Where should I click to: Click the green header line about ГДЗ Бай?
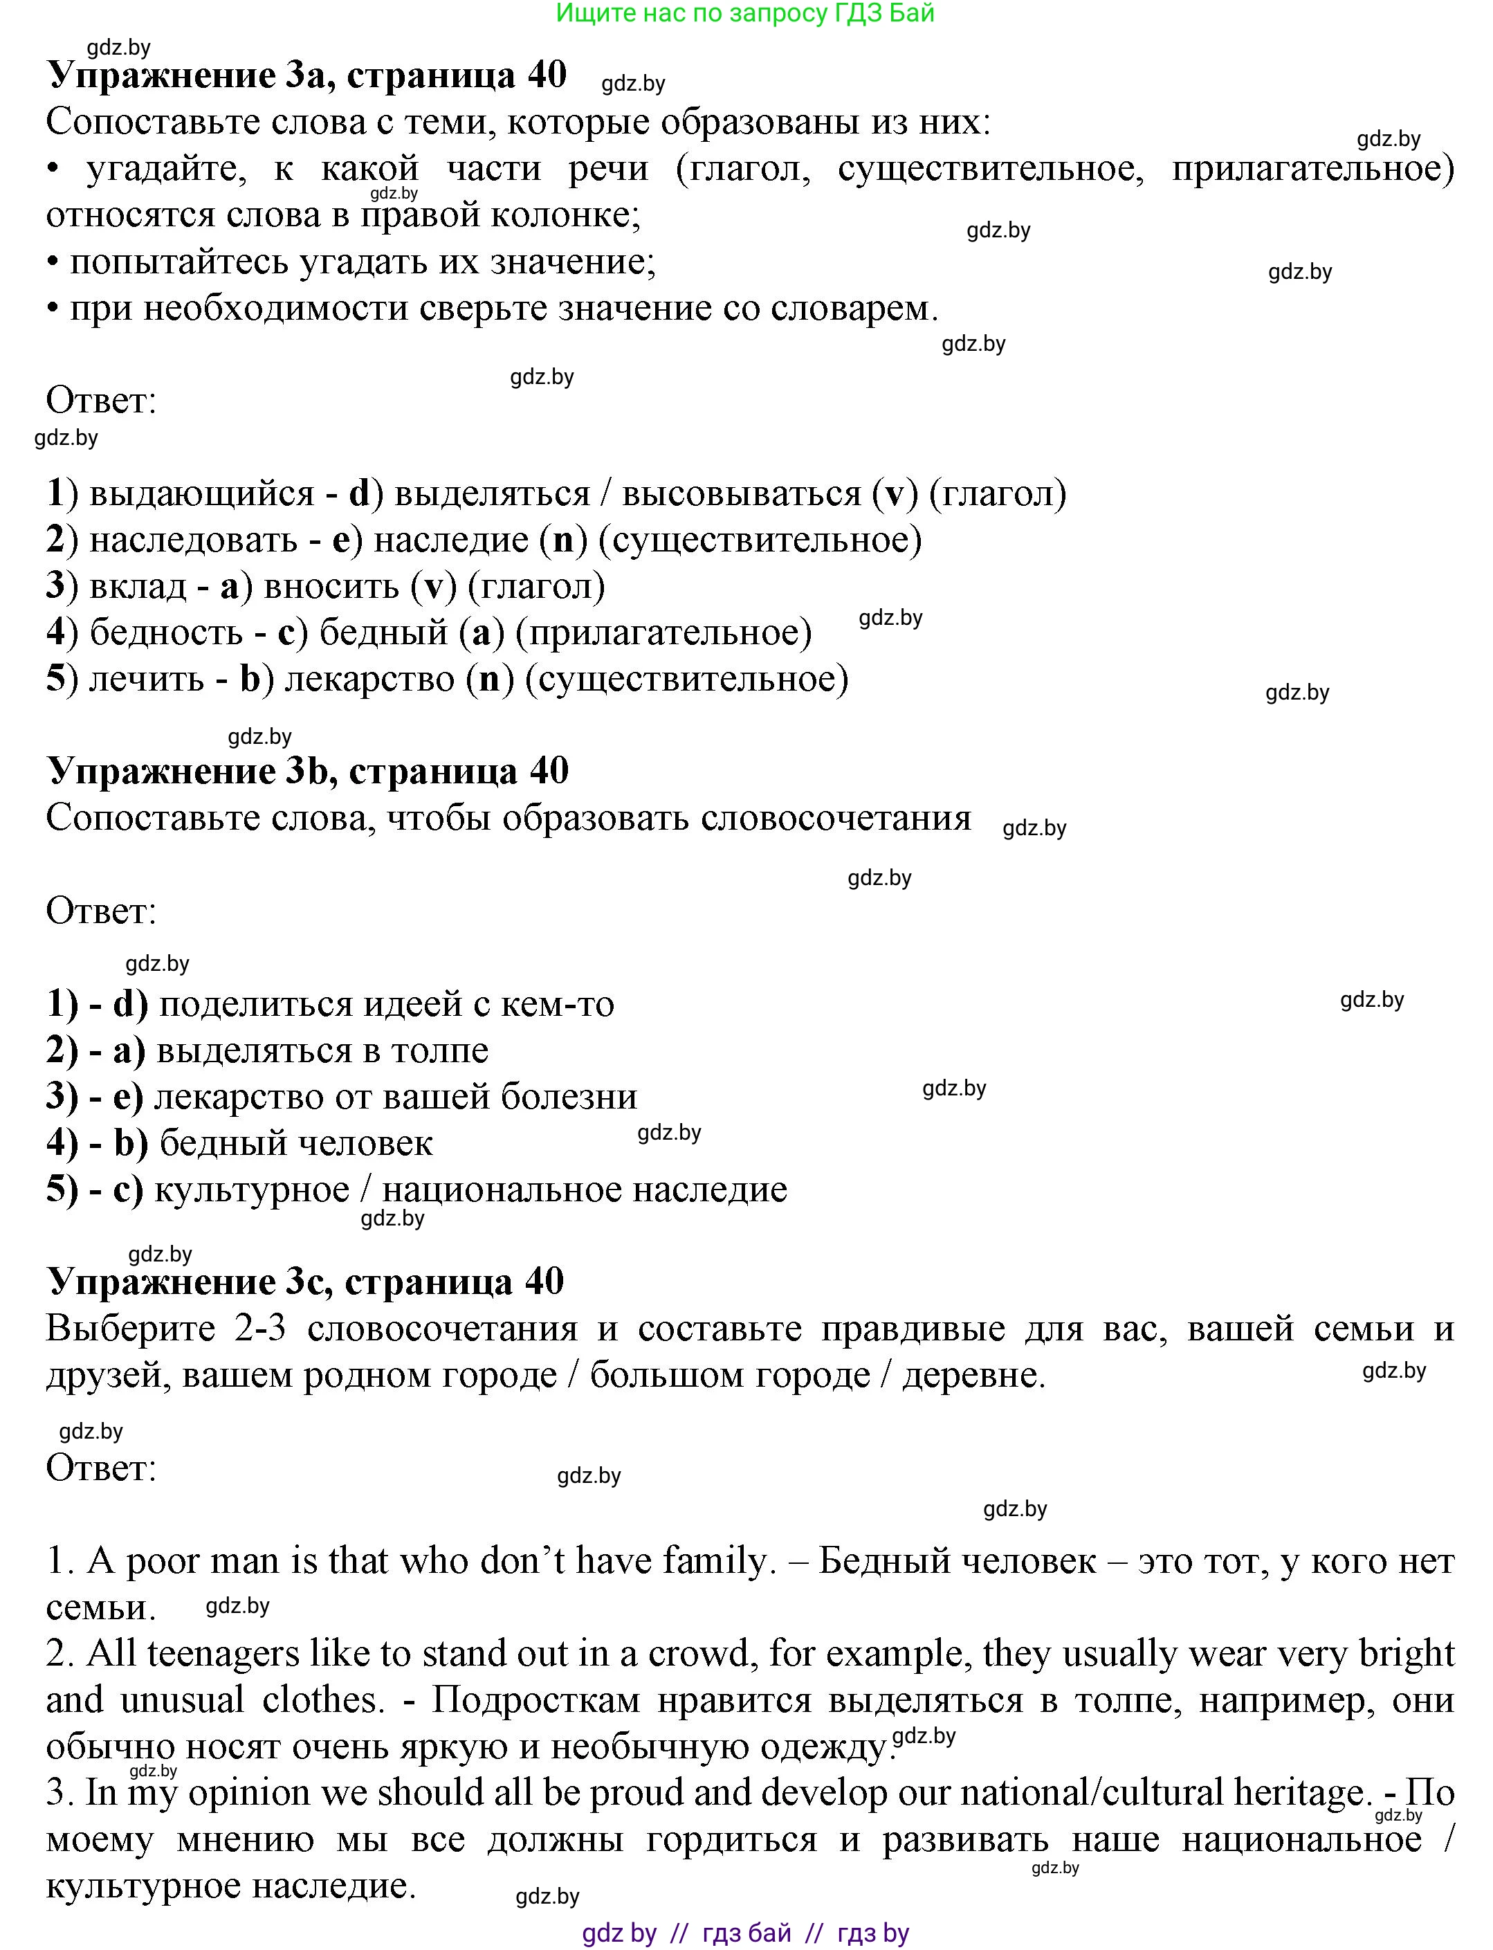tap(744, 13)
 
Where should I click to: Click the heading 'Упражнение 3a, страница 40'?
tap(306, 75)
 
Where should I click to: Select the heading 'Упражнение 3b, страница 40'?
tap(307, 771)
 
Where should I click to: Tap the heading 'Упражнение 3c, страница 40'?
tap(305, 1281)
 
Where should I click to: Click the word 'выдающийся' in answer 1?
tap(203, 493)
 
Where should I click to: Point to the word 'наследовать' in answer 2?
tap(194, 540)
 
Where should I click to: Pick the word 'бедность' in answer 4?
tap(166, 632)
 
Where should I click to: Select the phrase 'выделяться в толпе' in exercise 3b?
tap(322, 1050)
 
